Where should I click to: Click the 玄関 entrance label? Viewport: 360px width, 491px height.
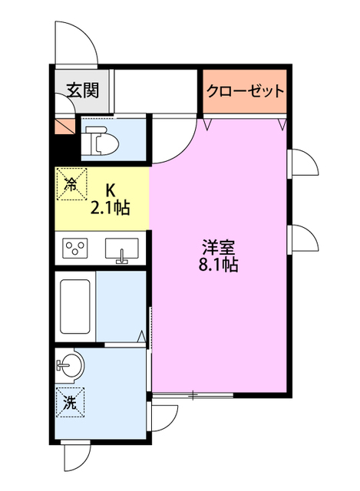(81, 91)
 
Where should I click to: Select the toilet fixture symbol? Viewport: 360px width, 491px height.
(97, 140)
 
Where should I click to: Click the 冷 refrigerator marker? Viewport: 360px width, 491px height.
(71, 183)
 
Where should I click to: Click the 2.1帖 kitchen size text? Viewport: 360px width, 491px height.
(110, 206)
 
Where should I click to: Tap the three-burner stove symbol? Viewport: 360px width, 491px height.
(75, 249)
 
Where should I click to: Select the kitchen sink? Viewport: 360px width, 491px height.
(121, 249)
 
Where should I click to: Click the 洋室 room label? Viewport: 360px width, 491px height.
(219, 248)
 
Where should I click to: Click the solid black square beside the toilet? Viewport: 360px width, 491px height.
(64, 146)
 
